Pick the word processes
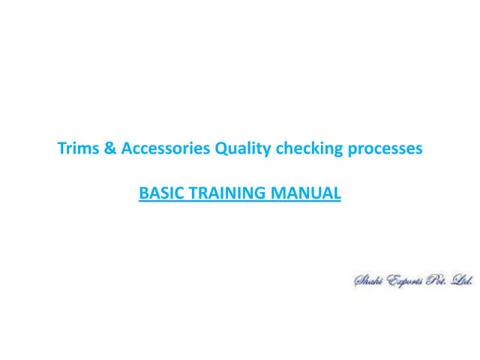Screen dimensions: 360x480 [385, 149]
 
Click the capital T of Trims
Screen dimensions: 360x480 [61, 148]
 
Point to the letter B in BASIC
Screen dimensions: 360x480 [143, 193]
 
